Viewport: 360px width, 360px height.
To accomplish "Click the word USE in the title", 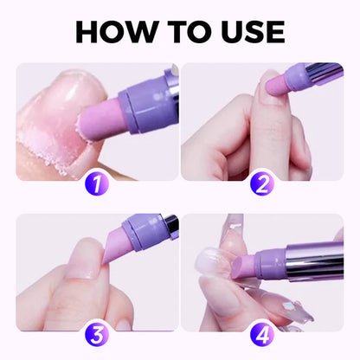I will [x=246, y=31].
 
